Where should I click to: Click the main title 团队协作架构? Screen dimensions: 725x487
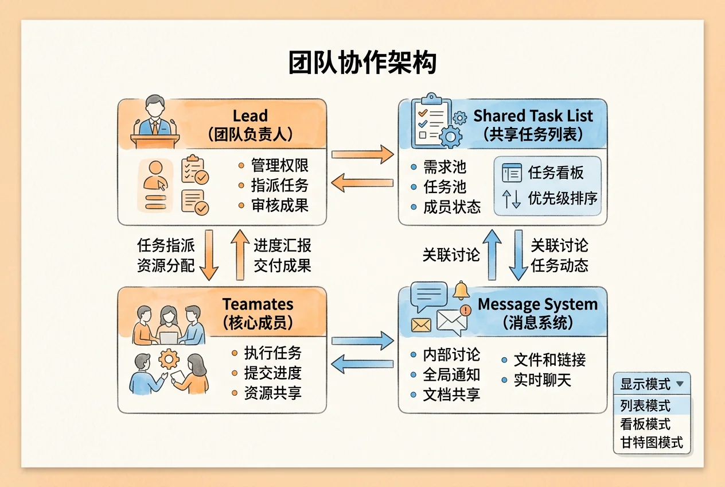coord(362,63)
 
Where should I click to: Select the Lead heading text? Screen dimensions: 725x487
coord(250,115)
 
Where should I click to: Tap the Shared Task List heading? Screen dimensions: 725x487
coord(533,115)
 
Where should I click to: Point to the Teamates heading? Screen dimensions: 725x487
coord(258,304)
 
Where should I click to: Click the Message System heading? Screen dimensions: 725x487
coord(537,304)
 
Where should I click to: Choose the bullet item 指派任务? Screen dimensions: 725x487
coord(280,185)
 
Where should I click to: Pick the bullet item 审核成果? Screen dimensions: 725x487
coord(280,206)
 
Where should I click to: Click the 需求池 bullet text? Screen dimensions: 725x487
coord(445,167)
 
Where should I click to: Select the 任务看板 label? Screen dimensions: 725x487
coord(556,172)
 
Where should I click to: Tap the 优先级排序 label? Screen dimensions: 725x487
coord(563,198)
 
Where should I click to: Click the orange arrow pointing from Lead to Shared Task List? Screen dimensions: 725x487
coord(362,154)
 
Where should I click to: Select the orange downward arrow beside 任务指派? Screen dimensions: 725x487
coord(209,255)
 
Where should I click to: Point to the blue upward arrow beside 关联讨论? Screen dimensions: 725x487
coord(492,254)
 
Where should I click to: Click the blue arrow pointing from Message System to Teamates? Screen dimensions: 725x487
coord(362,364)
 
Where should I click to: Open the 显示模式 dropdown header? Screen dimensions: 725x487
coord(652,384)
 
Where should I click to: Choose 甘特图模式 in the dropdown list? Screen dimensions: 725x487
coord(652,443)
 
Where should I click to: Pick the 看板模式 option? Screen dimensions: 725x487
coord(645,424)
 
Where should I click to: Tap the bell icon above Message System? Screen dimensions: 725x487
coord(461,290)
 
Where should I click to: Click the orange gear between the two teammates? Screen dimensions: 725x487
coord(169,359)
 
